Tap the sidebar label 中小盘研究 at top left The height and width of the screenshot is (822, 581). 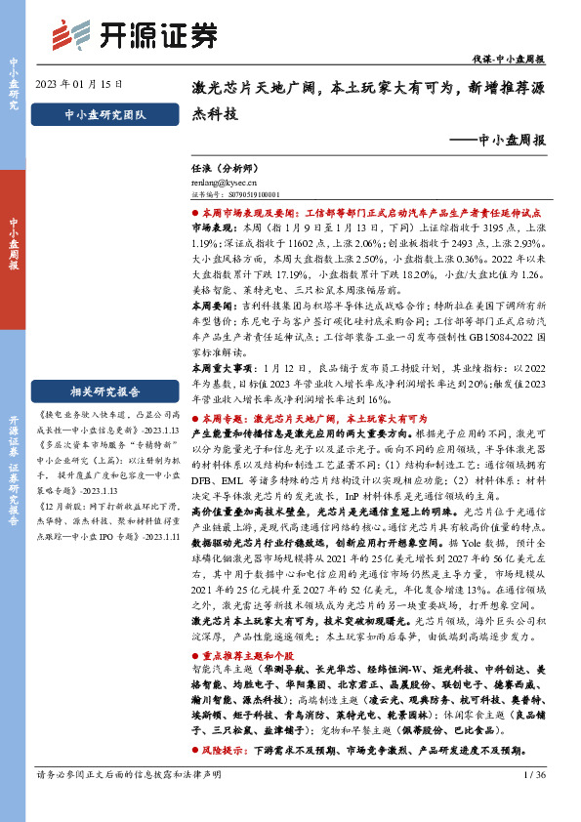(x=14, y=82)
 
